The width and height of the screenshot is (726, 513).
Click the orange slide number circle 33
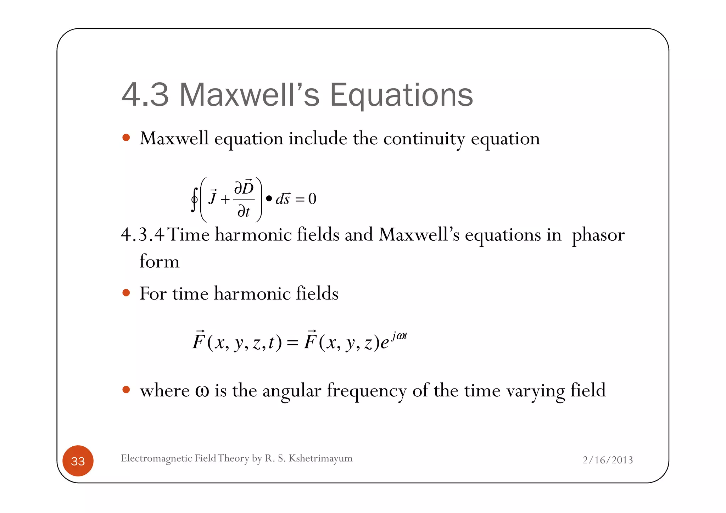coord(78,461)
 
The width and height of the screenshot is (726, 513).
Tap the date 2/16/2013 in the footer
coord(608,460)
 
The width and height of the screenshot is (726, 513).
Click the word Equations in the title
coord(401,95)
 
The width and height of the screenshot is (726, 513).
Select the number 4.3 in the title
coord(145,95)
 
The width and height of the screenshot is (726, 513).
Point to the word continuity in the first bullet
coord(424,139)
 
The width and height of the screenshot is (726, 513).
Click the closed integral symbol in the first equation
coord(194,199)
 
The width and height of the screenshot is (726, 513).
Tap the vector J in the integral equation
coord(213,197)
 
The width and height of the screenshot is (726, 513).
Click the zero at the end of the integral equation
coord(312,199)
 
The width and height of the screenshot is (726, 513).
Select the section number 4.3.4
coord(142,235)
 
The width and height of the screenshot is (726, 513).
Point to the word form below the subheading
coord(160,262)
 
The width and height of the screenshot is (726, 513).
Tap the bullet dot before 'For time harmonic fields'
coord(126,293)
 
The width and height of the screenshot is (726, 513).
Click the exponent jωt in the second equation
coord(400,335)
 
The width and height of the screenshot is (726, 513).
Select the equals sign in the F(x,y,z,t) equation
coord(293,343)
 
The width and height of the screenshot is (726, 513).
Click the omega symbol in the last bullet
coord(202,391)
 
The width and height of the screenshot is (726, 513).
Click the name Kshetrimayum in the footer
coord(320,458)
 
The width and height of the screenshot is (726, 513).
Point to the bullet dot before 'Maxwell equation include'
coord(126,138)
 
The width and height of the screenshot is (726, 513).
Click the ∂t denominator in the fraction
coord(244,212)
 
